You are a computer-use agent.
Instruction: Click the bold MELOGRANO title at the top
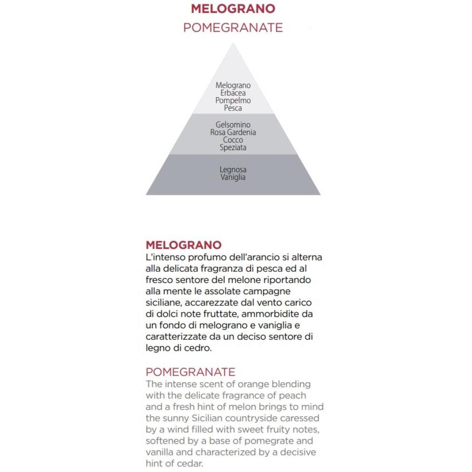click(233, 8)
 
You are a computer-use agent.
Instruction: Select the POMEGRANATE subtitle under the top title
click(233, 27)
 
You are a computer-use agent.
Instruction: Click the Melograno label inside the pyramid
click(233, 85)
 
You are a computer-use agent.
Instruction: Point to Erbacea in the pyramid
click(233, 93)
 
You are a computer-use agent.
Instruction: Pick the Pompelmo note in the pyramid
click(233, 101)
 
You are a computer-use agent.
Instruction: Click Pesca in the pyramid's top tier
click(233, 108)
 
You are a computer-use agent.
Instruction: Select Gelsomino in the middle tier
click(233, 125)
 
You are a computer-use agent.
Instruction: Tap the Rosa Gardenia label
click(233, 132)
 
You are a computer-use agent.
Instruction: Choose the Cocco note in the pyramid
click(233, 140)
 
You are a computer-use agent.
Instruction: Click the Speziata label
click(233, 148)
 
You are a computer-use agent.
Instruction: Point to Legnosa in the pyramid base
click(233, 169)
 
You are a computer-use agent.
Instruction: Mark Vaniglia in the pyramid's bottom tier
click(233, 177)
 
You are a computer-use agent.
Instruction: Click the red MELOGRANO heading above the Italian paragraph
click(184, 245)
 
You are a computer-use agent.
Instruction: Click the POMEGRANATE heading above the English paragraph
click(190, 372)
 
